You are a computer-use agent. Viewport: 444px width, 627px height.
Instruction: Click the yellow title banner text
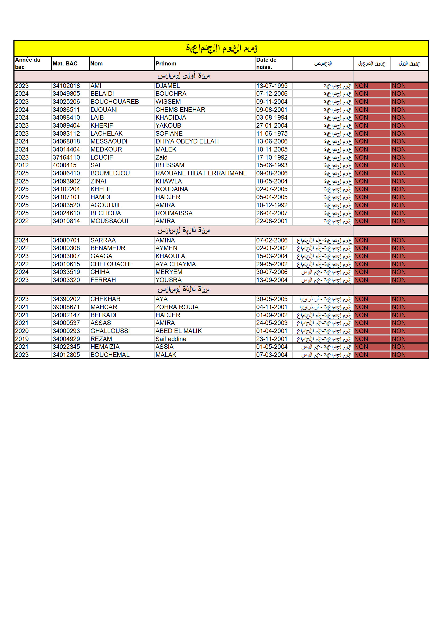[221, 48]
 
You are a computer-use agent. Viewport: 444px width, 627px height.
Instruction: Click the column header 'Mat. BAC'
[65, 64]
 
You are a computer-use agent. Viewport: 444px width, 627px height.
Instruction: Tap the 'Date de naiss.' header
[266, 63]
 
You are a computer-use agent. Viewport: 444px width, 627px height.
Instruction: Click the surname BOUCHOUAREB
[115, 102]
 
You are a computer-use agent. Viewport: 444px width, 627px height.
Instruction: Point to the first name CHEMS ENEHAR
[180, 110]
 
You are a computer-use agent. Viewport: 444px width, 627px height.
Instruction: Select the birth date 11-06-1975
[271, 134]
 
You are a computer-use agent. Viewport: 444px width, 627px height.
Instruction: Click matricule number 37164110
[66, 158]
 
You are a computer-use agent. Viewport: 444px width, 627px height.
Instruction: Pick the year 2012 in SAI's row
[21, 165]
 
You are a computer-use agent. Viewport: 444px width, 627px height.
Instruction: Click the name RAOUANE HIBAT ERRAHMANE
[201, 174]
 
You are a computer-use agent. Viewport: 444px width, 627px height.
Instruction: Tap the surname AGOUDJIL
[106, 205]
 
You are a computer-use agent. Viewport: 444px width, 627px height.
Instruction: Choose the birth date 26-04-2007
[271, 213]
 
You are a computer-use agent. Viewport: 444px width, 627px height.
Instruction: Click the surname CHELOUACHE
[112, 264]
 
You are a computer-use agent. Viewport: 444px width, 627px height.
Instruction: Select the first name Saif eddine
[171, 339]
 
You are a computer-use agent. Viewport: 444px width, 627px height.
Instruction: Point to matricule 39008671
[66, 307]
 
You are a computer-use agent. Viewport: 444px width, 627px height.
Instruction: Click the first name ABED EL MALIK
[178, 331]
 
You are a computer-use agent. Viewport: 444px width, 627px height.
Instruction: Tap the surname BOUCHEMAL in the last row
[110, 355]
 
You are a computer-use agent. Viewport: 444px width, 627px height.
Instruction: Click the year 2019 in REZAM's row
[21, 339]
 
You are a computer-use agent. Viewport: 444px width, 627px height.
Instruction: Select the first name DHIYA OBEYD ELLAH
[187, 141]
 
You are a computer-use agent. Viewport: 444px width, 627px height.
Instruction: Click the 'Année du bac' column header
[28, 63]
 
